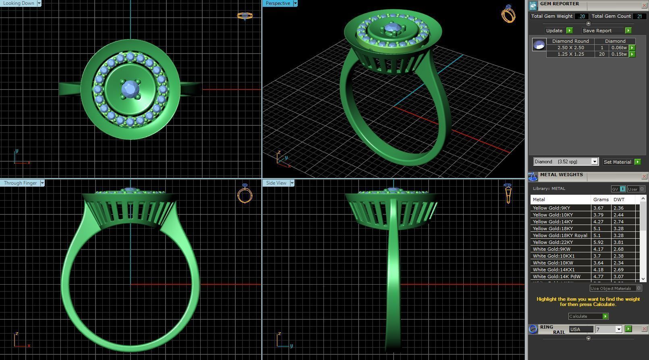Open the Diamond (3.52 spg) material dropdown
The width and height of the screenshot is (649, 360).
pyautogui.click(x=594, y=162)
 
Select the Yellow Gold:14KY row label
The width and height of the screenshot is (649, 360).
pyautogui.click(x=552, y=222)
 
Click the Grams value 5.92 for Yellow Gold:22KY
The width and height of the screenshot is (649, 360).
pyautogui.click(x=598, y=242)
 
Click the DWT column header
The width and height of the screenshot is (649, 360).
pyautogui.click(x=619, y=200)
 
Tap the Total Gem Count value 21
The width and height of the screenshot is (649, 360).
pyautogui.click(x=639, y=16)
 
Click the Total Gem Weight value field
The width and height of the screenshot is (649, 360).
pyautogui.click(x=582, y=16)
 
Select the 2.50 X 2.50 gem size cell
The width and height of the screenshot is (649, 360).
pyautogui.click(x=570, y=48)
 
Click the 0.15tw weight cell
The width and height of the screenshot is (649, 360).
pyautogui.click(x=619, y=54)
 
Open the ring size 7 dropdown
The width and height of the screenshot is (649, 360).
pyautogui.click(x=619, y=329)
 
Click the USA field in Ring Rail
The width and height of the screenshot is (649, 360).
pyautogui.click(x=581, y=329)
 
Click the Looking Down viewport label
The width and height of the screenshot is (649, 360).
pyautogui.click(x=19, y=3)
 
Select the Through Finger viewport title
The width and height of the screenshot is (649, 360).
pyautogui.click(x=20, y=183)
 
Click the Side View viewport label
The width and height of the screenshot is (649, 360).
pyautogui.click(x=276, y=183)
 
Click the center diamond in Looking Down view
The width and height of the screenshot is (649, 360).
pyautogui.click(x=130, y=88)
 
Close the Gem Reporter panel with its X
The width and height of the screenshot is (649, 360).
pyautogui.click(x=644, y=5)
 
